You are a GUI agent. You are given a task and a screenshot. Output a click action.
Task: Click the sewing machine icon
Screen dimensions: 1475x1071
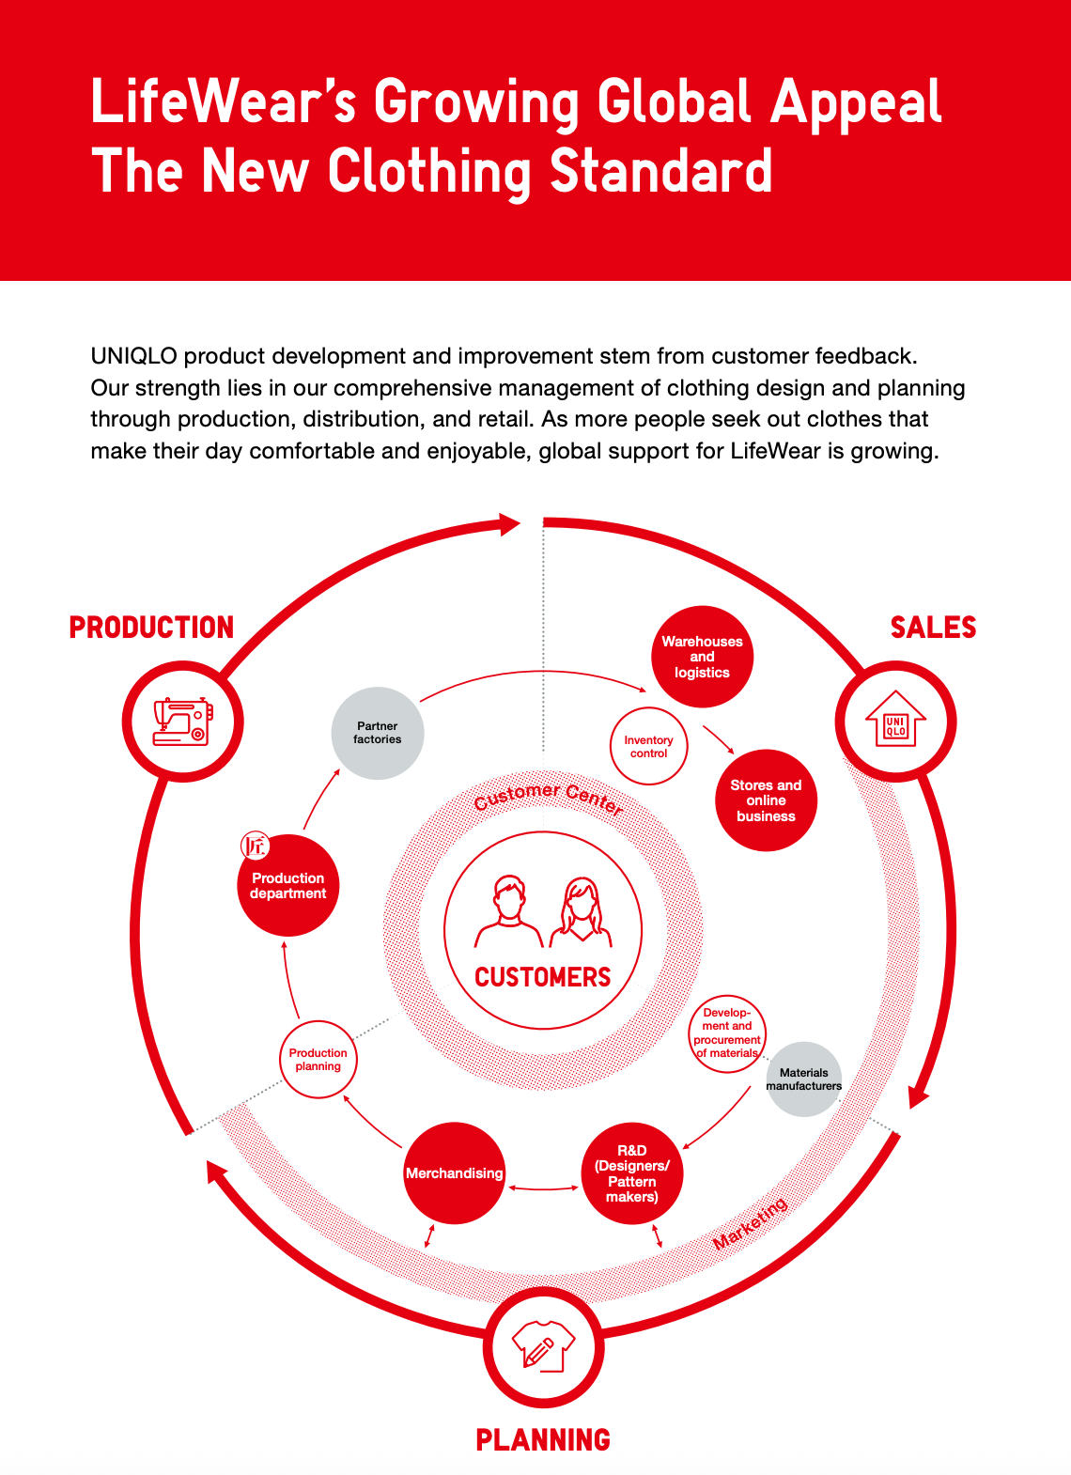[182, 722]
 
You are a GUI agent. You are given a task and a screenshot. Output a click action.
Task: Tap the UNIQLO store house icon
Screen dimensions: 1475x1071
[895, 722]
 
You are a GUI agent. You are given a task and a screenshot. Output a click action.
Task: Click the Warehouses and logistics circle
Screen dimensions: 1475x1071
[702, 657]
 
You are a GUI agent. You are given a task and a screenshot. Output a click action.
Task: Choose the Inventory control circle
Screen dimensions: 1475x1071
[648, 747]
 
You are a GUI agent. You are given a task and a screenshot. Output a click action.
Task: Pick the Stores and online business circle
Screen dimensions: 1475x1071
[766, 800]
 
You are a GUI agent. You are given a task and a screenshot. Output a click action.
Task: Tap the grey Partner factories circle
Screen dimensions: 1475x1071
[378, 733]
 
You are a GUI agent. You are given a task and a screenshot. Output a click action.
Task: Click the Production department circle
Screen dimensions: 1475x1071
[287, 886]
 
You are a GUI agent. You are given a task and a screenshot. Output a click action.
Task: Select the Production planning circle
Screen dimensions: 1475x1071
[318, 1060]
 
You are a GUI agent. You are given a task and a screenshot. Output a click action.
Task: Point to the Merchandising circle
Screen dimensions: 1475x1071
[454, 1173]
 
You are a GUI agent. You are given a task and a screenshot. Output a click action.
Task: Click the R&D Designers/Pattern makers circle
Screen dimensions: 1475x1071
[632, 1173]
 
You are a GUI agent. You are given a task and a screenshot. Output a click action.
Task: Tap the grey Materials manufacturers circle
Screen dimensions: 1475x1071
[804, 1079]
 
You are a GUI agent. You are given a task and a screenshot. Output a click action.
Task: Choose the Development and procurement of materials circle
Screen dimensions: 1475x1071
[727, 1033]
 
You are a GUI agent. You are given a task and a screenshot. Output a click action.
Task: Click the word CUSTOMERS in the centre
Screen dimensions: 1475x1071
[543, 977]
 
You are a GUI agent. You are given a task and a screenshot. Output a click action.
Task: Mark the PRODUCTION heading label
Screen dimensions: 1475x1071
[151, 628]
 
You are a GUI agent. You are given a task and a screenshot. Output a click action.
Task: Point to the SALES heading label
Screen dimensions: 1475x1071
[933, 628]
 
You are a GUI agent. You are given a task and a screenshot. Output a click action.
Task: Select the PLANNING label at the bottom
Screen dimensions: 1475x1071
[543, 1439]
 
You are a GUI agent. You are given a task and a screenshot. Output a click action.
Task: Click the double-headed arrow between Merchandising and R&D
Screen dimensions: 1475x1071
[543, 1188]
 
